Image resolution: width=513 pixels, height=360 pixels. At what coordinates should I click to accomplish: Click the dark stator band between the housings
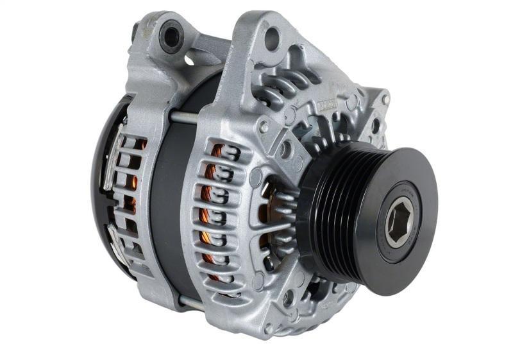[164, 205]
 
